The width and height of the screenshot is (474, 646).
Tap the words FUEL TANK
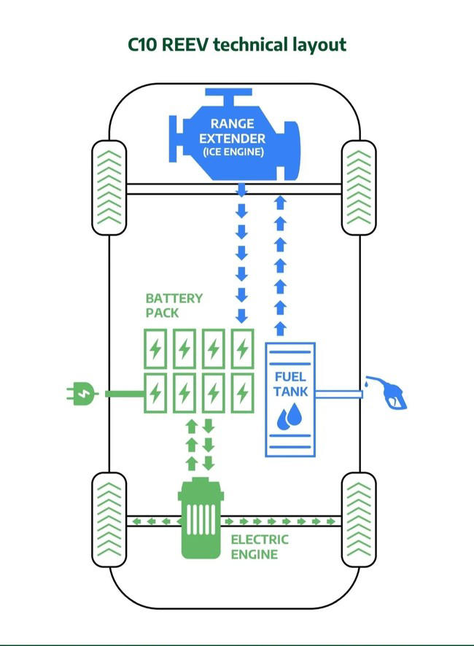(290, 384)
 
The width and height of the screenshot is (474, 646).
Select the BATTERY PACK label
(174, 306)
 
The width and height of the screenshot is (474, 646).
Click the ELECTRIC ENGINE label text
(259, 547)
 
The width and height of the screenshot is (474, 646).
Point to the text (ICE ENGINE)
(233, 152)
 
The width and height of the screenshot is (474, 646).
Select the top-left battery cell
(155, 350)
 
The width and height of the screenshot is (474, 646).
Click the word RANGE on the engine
(233, 124)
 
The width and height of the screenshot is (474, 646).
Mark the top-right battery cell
(242, 350)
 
